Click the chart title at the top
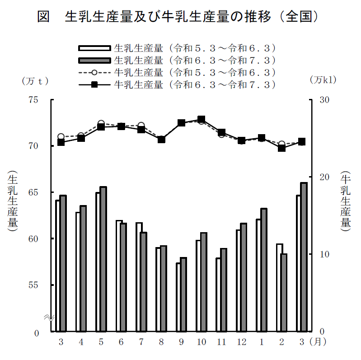tap(180, 17)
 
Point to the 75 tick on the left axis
tap(33, 100)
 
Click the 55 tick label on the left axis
tap(33, 285)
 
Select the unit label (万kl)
tap(323, 79)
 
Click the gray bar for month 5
tap(103, 259)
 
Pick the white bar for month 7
tap(139, 277)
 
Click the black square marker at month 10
tap(202, 120)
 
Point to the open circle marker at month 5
tap(101, 124)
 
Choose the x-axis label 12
tap(242, 342)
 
